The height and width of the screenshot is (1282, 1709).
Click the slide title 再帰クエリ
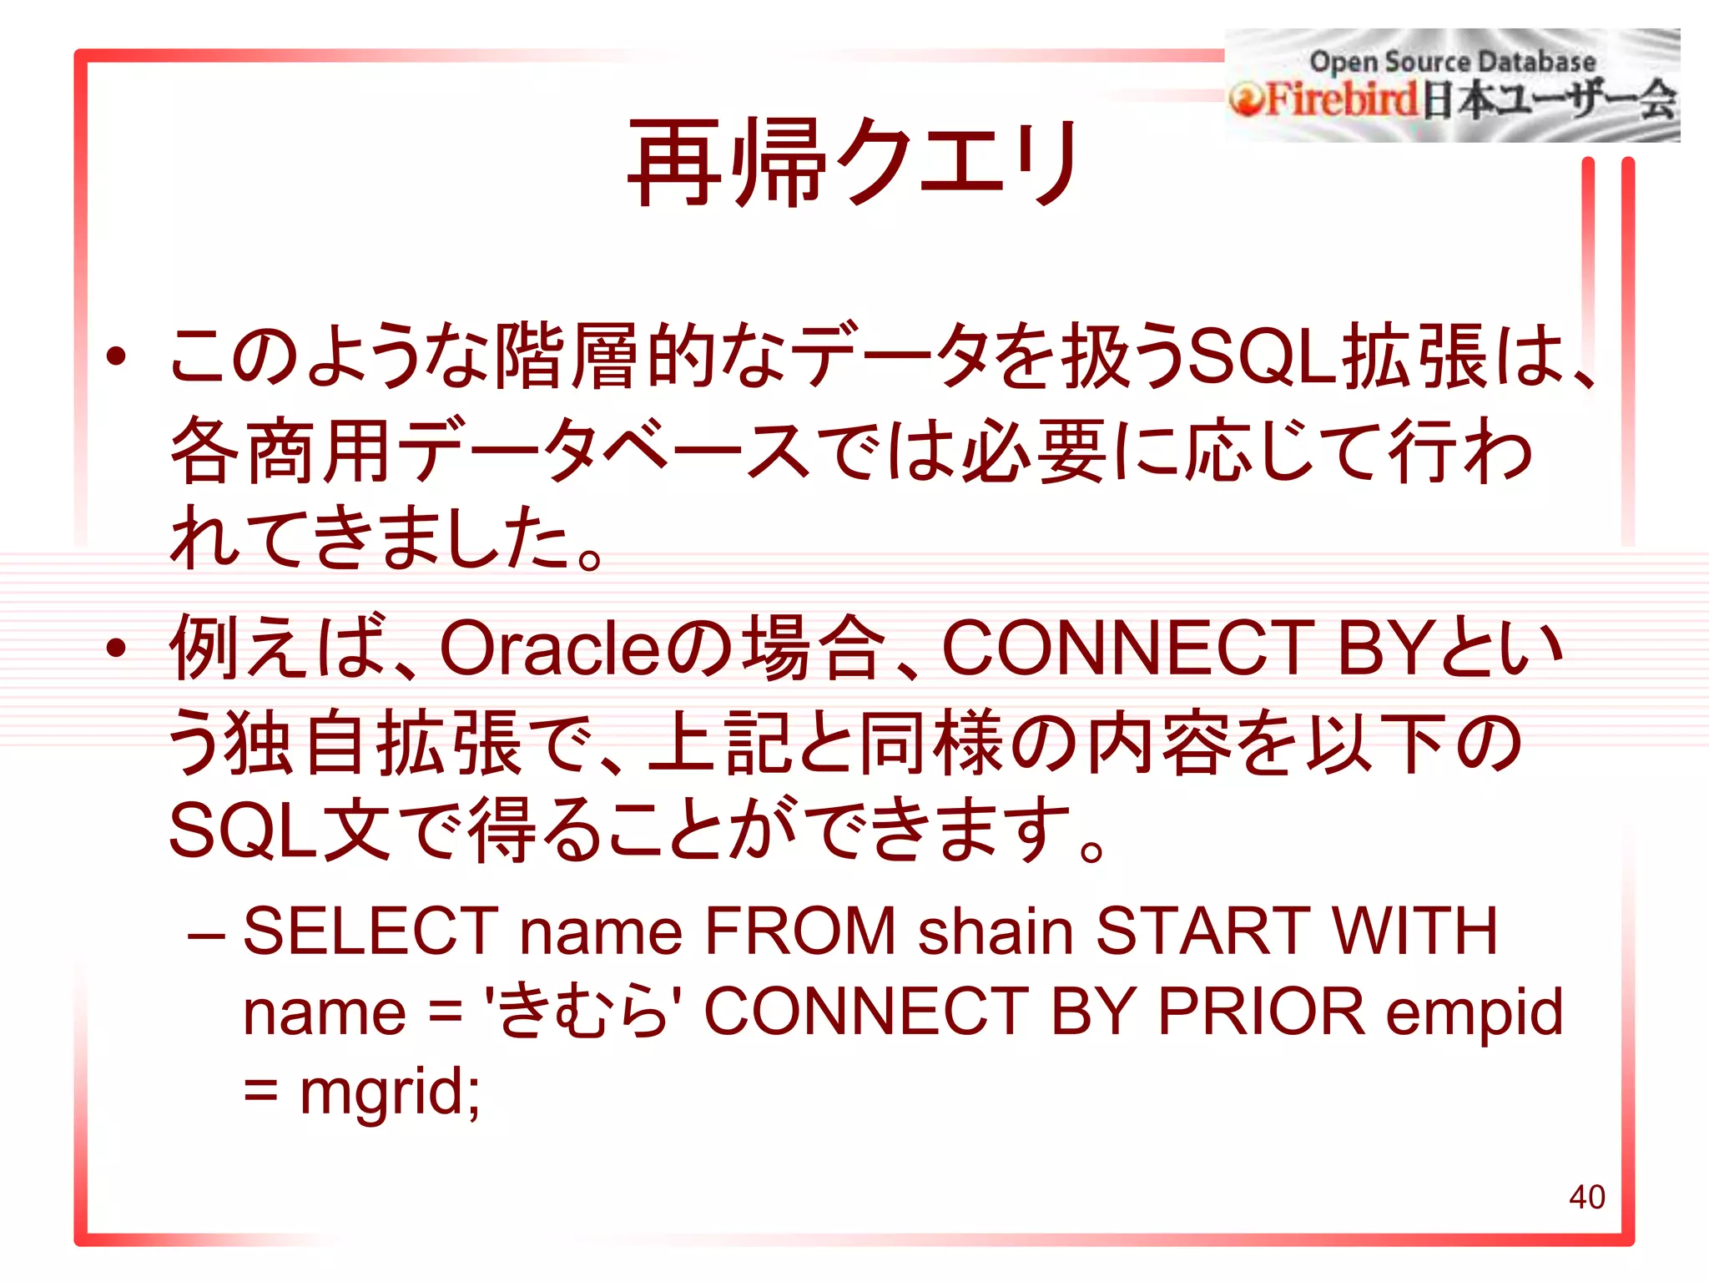point(853,162)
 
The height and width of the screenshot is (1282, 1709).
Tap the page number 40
point(1586,1197)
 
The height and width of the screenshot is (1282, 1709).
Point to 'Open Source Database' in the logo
point(1452,62)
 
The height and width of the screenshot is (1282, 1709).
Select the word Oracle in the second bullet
point(549,649)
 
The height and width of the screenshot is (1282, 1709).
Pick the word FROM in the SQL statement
point(799,931)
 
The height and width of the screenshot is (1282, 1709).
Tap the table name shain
point(996,931)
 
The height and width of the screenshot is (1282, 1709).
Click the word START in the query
point(1202,931)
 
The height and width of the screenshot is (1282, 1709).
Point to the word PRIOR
point(1261,1012)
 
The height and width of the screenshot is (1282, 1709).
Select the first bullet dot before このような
point(116,356)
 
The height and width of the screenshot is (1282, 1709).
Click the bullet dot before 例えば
point(116,648)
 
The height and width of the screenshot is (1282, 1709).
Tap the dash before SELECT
point(206,932)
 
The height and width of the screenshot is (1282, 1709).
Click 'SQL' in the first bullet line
point(1262,356)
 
